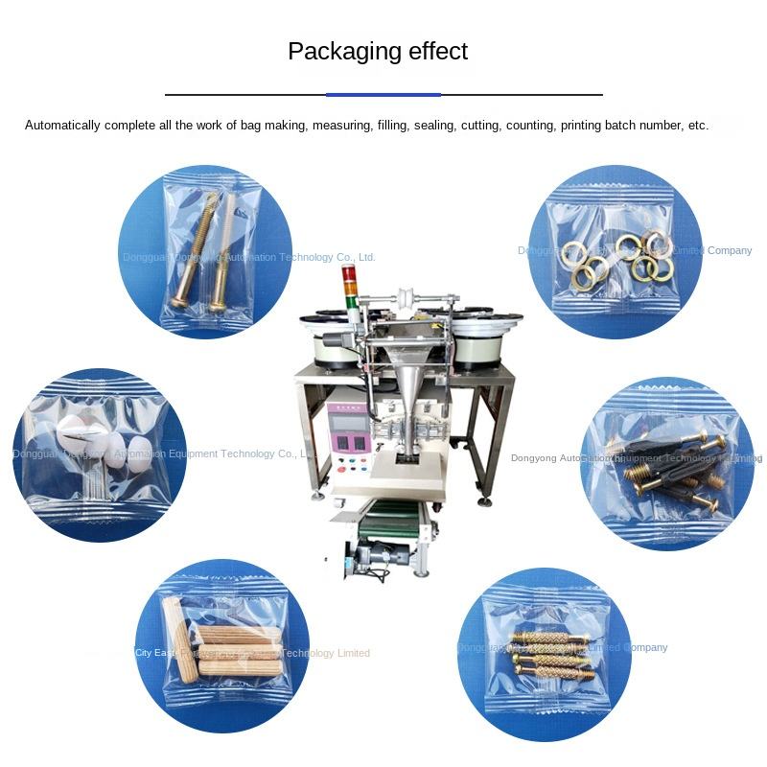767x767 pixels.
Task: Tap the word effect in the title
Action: [x=432, y=51]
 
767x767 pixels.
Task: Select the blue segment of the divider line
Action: [x=383, y=95]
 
